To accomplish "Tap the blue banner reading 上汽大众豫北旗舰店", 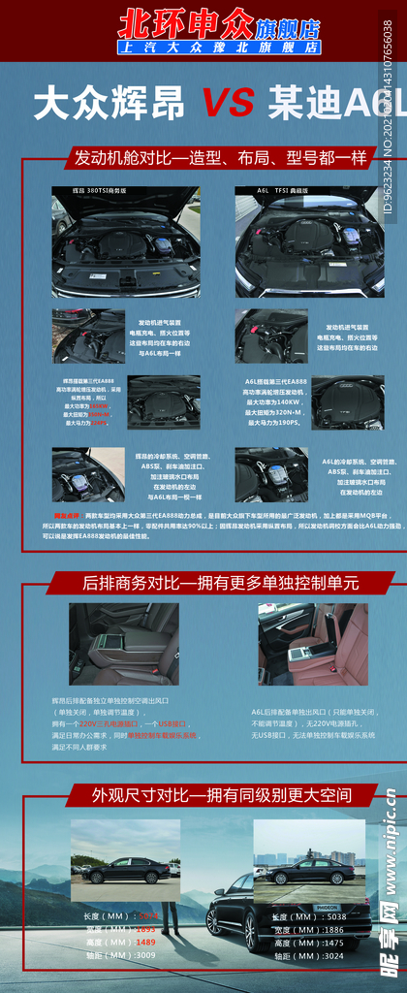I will pyautogui.click(x=219, y=47).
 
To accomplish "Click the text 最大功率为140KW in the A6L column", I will pyautogui.click(x=275, y=400).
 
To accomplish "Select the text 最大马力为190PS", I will pyautogui.click(x=275, y=423).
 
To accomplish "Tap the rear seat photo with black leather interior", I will pyautogui.click(x=123, y=644).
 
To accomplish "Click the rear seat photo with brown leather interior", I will pyautogui.click(x=313, y=644).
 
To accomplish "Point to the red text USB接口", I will pyautogui.click(x=172, y=723).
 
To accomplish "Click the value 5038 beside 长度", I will pyautogui.click(x=331, y=916).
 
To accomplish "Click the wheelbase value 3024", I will pyautogui.click(x=331, y=955).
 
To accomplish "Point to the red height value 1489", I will pyautogui.click(x=145, y=942).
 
